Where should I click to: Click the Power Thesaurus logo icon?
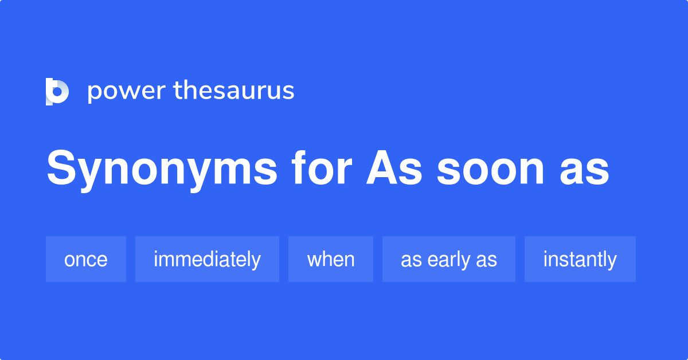[57, 92]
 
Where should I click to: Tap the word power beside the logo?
[126, 92]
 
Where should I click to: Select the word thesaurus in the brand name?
[234, 91]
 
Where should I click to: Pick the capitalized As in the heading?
[394, 169]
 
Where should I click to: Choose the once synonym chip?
[86, 259]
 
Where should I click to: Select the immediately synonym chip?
[207, 259]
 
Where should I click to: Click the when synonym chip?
[331, 259]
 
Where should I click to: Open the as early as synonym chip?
[449, 259]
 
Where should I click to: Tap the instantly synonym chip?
[580, 259]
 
